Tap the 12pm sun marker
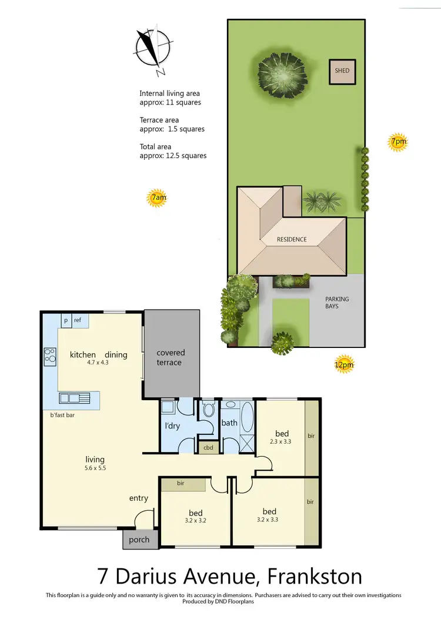[x=344, y=364]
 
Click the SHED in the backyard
[x=342, y=71]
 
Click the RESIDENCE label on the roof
[x=292, y=239]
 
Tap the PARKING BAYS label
[x=337, y=303]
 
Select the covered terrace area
[x=171, y=357]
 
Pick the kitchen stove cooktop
[x=50, y=355]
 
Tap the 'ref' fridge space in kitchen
[x=78, y=320]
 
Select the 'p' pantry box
[x=66, y=320]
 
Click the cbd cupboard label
[x=208, y=448]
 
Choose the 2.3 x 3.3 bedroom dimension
[x=282, y=441]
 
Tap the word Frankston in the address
[x=315, y=577]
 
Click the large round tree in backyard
[x=283, y=69]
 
